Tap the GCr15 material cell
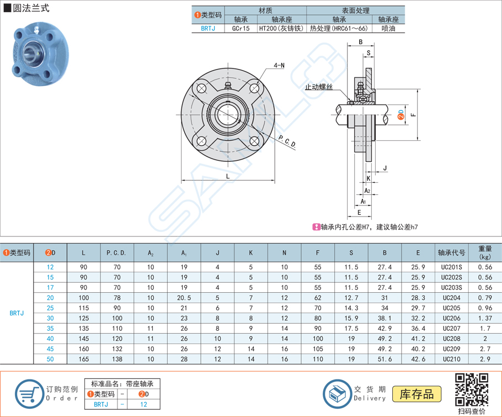[241, 29]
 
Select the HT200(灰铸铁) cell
[281, 29]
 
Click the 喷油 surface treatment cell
[388, 29]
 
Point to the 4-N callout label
[279, 66]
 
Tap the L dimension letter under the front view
[227, 176]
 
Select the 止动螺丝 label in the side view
[319, 87]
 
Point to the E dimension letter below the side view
[359, 212]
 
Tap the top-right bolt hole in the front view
[254, 88]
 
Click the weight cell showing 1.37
[485, 318]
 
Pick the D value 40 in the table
[51, 339]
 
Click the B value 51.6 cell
[384, 359]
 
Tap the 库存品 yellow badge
[416, 393]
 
